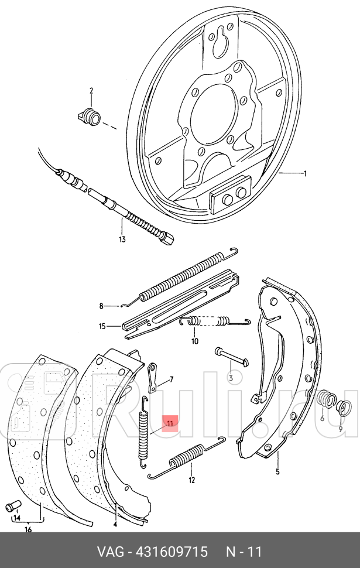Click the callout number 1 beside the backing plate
click(304, 173)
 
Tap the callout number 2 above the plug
click(91, 91)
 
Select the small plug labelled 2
click(90, 115)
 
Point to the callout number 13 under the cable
click(122, 239)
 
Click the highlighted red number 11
click(170, 422)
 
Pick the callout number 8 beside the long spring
click(101, 306)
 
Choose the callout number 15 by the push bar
click(102, 326)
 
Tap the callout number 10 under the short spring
click(195, 341)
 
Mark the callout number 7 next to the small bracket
click(172, 379)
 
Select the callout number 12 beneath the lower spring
click(191, 481)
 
